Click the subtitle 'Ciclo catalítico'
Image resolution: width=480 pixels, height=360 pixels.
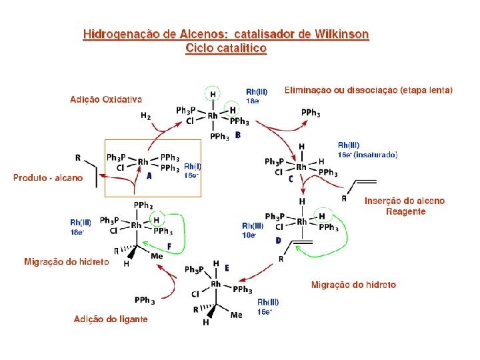point(226,48)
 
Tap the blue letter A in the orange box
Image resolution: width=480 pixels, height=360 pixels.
point(149,177)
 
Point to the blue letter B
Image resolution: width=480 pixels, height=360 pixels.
point(238,135)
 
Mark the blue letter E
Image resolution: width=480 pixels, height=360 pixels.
point(227,267)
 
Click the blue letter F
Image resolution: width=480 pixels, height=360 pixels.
point(169,247)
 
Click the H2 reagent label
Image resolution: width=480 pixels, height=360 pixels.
point(145,115)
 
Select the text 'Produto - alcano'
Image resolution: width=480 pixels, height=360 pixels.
point(48,177)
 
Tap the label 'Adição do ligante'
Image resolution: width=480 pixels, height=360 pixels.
point(111,319)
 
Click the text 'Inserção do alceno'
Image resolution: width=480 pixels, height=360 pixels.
point(405,201)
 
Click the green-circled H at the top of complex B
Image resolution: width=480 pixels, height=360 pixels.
point(213,95)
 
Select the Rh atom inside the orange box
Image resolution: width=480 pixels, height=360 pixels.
point(143,161)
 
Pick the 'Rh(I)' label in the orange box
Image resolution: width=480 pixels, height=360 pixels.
point(191,166)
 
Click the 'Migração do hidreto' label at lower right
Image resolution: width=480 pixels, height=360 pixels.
point(353,285)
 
